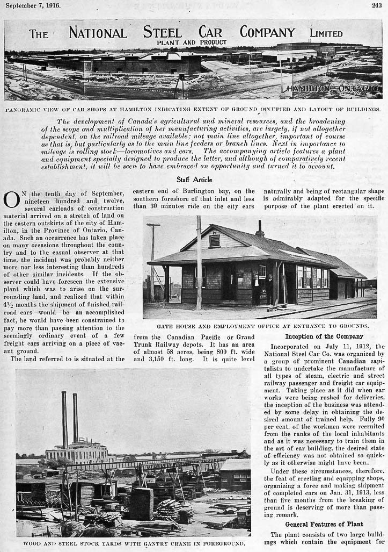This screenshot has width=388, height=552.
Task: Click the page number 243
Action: [376, 6]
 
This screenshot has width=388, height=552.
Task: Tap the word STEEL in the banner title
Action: [163, 32]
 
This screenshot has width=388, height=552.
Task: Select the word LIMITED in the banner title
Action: [326, 33]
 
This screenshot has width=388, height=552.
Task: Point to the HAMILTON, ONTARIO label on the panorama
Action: [333, 88]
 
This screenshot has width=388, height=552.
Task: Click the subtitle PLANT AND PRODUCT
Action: [192, 42]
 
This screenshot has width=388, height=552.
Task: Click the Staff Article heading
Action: [194, 180]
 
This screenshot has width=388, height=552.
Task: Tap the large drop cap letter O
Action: [11, 199]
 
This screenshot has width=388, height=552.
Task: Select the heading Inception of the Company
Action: [320, 336]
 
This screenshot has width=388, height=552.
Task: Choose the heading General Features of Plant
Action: [324, 524]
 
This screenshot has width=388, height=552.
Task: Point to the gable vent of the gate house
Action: [215, 240]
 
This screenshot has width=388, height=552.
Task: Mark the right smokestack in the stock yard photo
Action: [76, 417]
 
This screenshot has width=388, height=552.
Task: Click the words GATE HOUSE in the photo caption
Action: [175, 326]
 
